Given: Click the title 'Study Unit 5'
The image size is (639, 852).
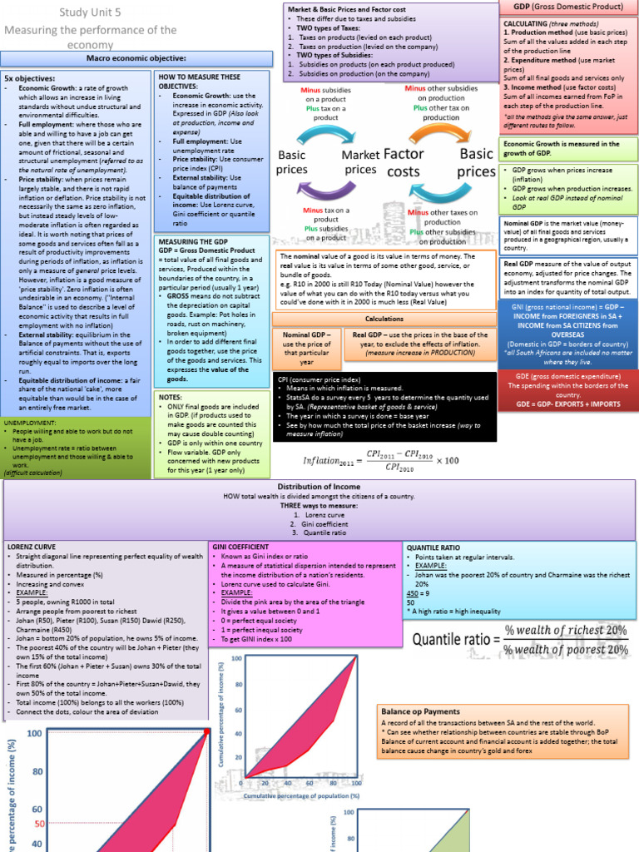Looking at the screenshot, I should click(89, 12).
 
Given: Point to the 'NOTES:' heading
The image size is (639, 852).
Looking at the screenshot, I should click(170, 398).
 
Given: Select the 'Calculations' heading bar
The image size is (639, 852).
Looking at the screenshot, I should click(384, 319).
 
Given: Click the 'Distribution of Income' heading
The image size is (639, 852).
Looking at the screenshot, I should click(319, 487).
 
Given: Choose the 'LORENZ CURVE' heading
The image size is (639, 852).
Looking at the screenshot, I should click(31, 547).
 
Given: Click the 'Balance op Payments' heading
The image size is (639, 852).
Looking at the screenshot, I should click(420, 711).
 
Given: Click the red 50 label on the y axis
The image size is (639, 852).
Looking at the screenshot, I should click(38, 823).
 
